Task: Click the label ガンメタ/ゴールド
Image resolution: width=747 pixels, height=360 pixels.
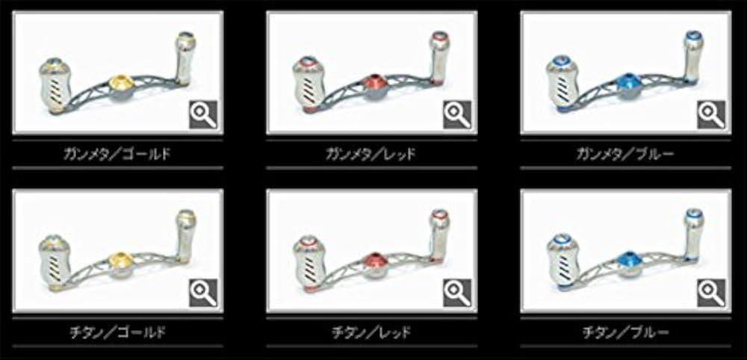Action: coord(118,155)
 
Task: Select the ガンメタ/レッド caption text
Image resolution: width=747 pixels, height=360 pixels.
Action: coord(371,155)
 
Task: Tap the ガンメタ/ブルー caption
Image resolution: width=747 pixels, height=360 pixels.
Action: coord(625,155)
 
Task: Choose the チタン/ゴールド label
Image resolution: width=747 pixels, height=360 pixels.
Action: coord(118,332)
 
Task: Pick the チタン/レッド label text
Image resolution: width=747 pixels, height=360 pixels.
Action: coord(371,332)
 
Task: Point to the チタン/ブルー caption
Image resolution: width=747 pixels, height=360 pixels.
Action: coord(625,332)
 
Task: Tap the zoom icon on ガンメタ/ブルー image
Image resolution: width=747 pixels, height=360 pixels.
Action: coord(710,114)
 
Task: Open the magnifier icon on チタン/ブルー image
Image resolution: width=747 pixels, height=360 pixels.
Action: coord(710,291)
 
